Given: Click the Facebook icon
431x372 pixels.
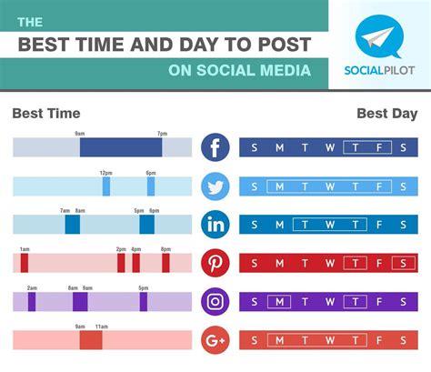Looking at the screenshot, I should (215, 147).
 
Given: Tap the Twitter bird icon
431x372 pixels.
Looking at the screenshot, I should (215, 186).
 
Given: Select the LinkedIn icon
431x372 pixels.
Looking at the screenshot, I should (215, 225).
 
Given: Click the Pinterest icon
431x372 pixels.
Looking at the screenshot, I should (215, 264).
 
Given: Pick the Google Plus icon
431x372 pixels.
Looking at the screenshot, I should (215, 341).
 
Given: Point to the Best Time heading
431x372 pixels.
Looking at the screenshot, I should (46, 114).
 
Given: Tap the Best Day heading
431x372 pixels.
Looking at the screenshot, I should (387, 114).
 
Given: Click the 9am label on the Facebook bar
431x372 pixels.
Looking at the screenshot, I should (80, 134).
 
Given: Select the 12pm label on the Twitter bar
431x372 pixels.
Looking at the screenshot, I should (106, 173).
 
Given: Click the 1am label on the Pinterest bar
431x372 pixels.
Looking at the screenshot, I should (25, 249).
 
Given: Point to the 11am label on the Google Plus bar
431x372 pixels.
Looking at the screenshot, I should (102, 327).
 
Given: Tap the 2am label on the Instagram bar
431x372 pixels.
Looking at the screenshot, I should (32, 287).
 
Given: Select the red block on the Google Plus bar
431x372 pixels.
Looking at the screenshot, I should (91, 341).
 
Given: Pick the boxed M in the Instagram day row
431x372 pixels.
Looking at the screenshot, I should (279, 302).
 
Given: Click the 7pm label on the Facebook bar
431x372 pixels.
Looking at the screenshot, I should (162, 134).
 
